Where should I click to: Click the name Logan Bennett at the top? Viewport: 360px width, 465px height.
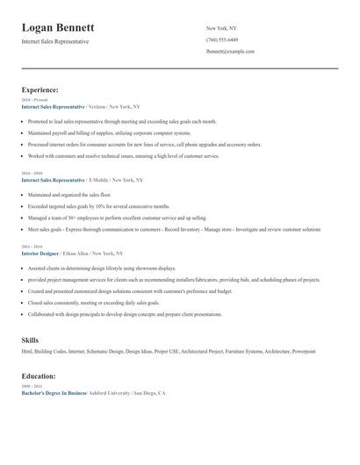click(x=59, y=28)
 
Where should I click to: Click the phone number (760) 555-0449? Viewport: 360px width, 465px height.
click(x=222, y=40)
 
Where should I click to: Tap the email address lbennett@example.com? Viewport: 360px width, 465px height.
click(x=230, y=52)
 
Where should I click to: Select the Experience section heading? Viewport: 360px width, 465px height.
click(x=40, y=89)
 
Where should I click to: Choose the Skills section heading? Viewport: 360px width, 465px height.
click(x=30, y=339)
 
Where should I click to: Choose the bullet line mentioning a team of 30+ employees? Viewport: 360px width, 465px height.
click(x=117, y=217)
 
